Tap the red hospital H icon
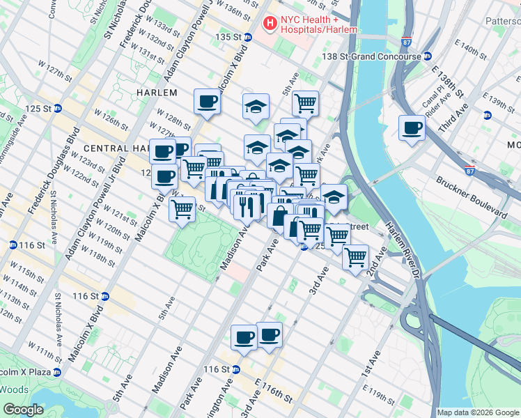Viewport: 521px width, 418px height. pyautogui.click(x=269, y=24)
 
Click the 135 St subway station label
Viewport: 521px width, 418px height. pyautogui.click(x=232, y=36)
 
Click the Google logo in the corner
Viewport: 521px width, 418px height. pyautogui.click(x=23, y=410)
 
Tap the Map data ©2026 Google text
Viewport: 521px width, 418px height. pyautogui.click(x=478, y=412)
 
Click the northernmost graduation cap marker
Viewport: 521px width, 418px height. pyautogui.click(x=256, y=107)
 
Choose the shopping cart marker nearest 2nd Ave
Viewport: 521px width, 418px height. pyautogui.click(x=356, y=257)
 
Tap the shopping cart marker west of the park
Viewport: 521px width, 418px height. pyautogui.click(x=182, y=208)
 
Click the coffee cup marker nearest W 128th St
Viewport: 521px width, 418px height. pyautogui.click(x=207, y=102)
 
